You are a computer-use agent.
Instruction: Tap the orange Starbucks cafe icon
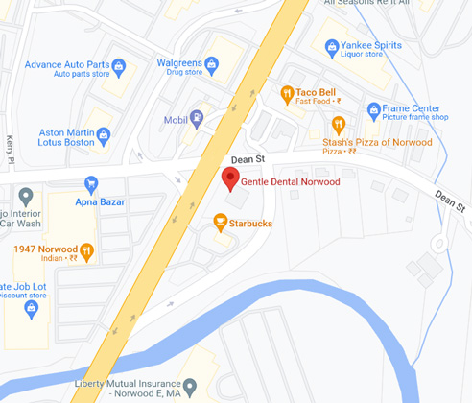tap(220, 224)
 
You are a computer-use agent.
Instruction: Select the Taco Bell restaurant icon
tap(286, 93)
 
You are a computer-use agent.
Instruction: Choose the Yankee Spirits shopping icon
tap(331, 45)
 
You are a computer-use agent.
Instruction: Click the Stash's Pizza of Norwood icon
tap(338, 124)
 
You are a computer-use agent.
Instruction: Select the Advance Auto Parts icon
tap(119, 66)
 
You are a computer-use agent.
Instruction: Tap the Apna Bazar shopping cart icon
tap(91, 183)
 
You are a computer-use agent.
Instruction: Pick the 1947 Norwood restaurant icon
tap(86, 252)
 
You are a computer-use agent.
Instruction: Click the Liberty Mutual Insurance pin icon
tap(190, 388)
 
